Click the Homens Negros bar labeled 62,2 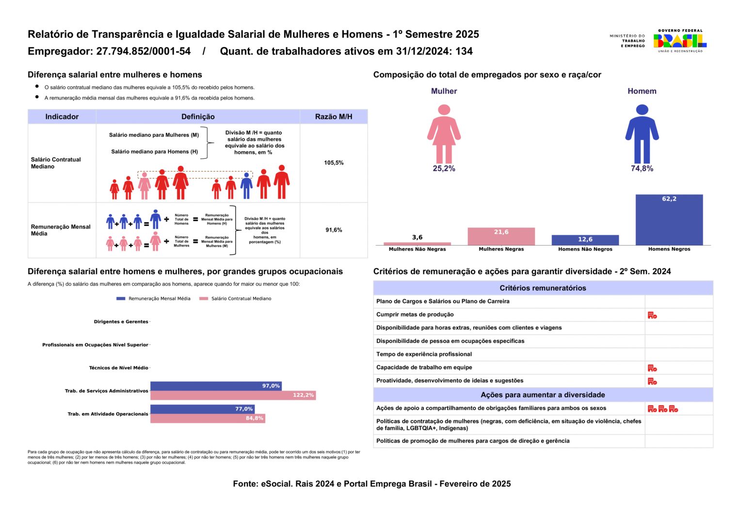pos(669,220)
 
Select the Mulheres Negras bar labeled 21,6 pos(501,236)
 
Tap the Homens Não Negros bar pos(585,240)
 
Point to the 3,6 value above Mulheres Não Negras pos(417,237)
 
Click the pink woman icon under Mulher pos(444,134)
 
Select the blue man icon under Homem pos(642,134)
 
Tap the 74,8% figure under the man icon pos(642,168)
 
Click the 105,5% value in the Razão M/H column pos(334,163)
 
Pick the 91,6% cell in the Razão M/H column pos(334,229)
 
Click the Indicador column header pos(62,116)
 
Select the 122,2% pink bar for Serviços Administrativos pos(233,395)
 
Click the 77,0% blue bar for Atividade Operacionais pos(202,409)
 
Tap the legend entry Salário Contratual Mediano pos(235,298)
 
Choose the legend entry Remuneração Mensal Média pos(154,298)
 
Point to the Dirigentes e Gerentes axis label pos(121,322)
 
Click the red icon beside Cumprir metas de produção pos(652,315)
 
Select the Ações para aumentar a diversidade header pos(543,395)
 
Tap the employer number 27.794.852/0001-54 pos(143,51)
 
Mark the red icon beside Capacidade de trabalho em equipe pos(652,368)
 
